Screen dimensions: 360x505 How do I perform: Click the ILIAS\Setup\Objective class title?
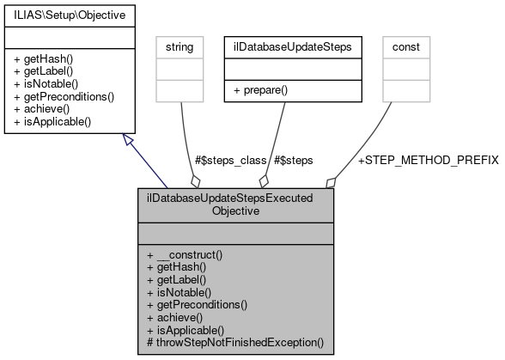point(63,16)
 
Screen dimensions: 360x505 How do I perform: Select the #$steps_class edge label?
point(230,161)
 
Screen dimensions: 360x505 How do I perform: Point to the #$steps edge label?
point(294,161)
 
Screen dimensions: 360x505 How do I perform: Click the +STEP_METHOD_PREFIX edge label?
point(427,161)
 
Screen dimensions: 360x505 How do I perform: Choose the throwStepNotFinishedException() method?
point(234,343)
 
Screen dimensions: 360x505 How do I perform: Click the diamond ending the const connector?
point(330,183)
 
